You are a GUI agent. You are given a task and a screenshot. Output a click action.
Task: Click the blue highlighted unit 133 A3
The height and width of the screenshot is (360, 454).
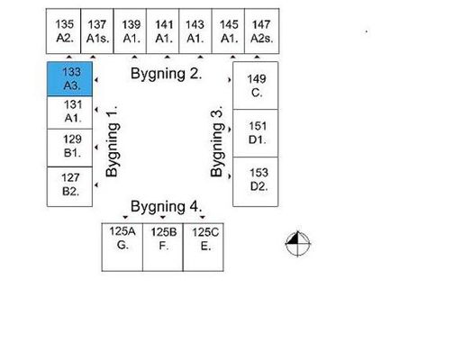[x=69, y=79]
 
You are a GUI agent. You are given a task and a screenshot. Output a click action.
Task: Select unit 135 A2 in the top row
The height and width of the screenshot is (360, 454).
[x=63, y=31]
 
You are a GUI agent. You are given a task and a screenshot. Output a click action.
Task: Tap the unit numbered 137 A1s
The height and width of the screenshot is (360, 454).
[x=97, y=31]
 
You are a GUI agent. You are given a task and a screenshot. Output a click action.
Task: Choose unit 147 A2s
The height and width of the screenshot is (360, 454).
[x=262, y=31]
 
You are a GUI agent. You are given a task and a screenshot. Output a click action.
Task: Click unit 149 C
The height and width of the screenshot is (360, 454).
[x=256, y=85]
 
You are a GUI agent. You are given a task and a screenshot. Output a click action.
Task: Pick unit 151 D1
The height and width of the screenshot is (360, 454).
[x=256, y=133]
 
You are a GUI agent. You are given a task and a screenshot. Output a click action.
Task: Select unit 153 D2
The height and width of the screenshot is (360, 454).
[x=256, y=182]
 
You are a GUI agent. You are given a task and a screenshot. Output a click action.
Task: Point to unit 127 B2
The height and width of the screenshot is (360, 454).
[x=69, y=186]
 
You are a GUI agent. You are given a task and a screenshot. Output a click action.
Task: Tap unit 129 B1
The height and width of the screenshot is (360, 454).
[x=69, y=148]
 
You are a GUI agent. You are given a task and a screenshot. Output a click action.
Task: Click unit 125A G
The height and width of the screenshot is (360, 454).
[x=123, y=247]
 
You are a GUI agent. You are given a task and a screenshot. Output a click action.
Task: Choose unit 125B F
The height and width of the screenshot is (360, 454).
[x=163, y=247]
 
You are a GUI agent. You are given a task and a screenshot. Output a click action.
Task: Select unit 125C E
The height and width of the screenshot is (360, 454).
[x=204, y=247]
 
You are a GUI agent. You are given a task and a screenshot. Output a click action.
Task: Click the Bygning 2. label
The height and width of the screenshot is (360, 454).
[x=166, y=75]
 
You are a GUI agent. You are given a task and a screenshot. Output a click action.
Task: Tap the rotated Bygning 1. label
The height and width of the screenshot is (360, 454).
[x=113, y=141]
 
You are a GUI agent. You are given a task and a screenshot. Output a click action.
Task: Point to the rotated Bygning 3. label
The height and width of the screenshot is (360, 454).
[x=217, y=141]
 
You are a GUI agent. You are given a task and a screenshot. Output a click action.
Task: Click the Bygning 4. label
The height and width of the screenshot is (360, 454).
[x=166, y=207]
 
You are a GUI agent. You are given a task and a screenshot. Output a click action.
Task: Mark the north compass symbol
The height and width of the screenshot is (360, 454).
[x=297, y=244]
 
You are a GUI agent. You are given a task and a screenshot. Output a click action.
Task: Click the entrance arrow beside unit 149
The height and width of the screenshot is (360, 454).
[x=230, y=80]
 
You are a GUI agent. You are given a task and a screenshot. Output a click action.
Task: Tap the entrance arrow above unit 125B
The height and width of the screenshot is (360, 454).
[x=163, y=217]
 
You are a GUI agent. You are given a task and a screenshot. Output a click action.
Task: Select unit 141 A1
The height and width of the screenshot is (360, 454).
[x=163, y=31]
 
